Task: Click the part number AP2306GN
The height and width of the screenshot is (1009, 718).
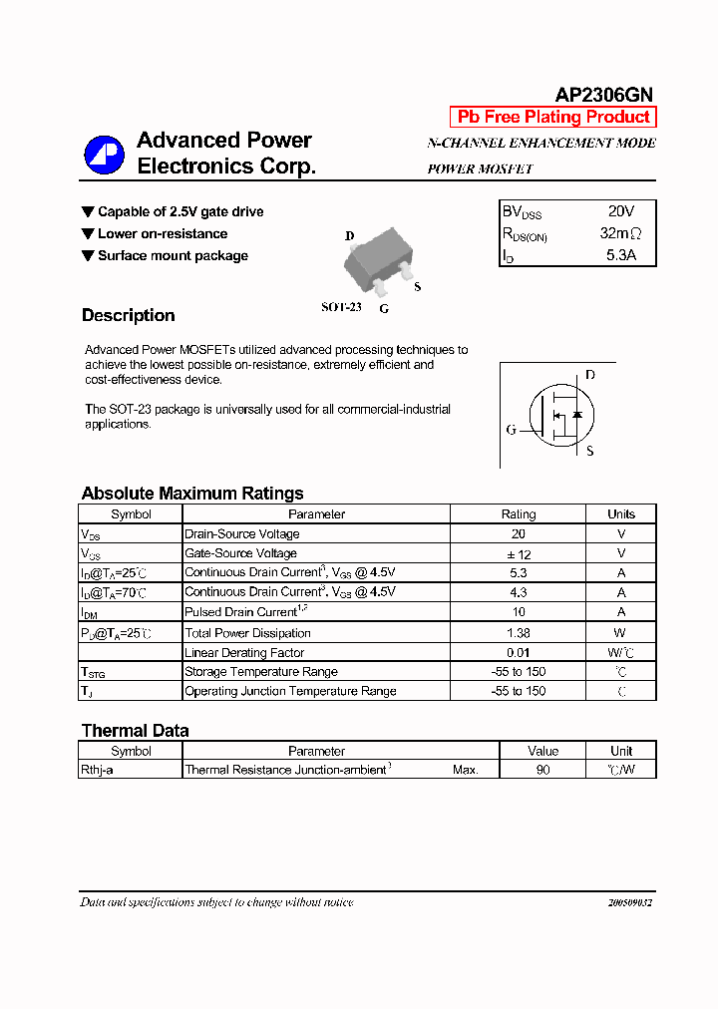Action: coord(603,95)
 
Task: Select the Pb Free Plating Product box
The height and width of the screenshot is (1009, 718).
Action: coord(553,117)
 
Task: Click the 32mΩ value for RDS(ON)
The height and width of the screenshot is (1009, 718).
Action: coord(620,233)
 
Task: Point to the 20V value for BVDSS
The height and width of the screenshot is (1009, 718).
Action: coord(620,211)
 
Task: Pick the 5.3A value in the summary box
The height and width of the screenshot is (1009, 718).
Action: coord(620,255)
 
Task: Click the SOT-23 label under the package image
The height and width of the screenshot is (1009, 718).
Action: coord(340,307)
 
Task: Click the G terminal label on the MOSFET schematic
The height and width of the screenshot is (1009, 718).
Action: coord(511,430)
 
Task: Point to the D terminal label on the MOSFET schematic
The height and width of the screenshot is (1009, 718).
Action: coord(590,375)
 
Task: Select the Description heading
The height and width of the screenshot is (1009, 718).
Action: coord(128,315)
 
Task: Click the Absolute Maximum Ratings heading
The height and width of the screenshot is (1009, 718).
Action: coord(192,494)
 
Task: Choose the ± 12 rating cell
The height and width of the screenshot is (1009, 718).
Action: coord(518,553)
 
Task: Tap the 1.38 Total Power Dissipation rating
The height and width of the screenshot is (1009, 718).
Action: coord(518,633)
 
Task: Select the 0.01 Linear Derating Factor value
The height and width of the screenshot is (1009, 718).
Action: coord(518,652)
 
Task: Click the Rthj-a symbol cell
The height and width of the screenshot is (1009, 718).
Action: coord(97,770)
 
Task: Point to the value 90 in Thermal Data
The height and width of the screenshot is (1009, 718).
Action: coord(542,770)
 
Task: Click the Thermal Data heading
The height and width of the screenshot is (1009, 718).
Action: coord(135,731)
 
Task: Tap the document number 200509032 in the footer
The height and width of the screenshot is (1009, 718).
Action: coord(629,902)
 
